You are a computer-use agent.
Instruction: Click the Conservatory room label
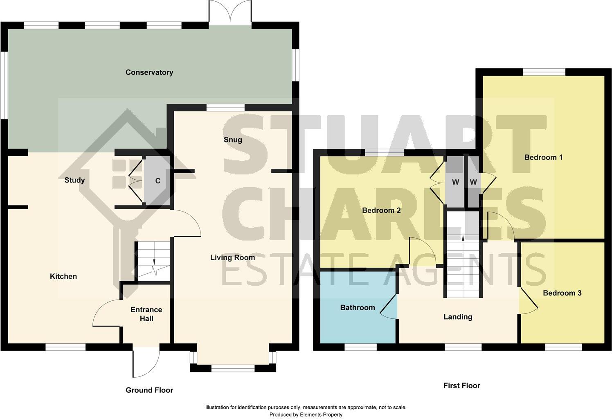click(149, 72)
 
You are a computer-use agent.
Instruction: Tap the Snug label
click(233, 140)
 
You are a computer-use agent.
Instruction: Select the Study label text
click(74, 180)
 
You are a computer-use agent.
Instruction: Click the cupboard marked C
click(157, 180)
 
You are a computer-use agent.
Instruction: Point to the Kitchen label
click(63, 276)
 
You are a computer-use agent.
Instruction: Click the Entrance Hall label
click(146, 314)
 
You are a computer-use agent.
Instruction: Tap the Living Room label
click(232, 257)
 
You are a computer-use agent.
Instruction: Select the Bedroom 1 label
click(543, 157)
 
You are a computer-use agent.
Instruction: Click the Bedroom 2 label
click(381, 210)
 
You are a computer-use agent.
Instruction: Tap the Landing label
click(458, 317)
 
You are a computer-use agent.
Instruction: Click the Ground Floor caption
click(149, 390)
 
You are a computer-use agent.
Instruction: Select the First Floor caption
click(461, 385)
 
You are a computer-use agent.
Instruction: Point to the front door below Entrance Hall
click(145, 362)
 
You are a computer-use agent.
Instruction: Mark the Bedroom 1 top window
click(544, 72)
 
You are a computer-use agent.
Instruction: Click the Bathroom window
click(360, 347)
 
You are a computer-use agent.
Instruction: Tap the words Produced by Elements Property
click(306, 414)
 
